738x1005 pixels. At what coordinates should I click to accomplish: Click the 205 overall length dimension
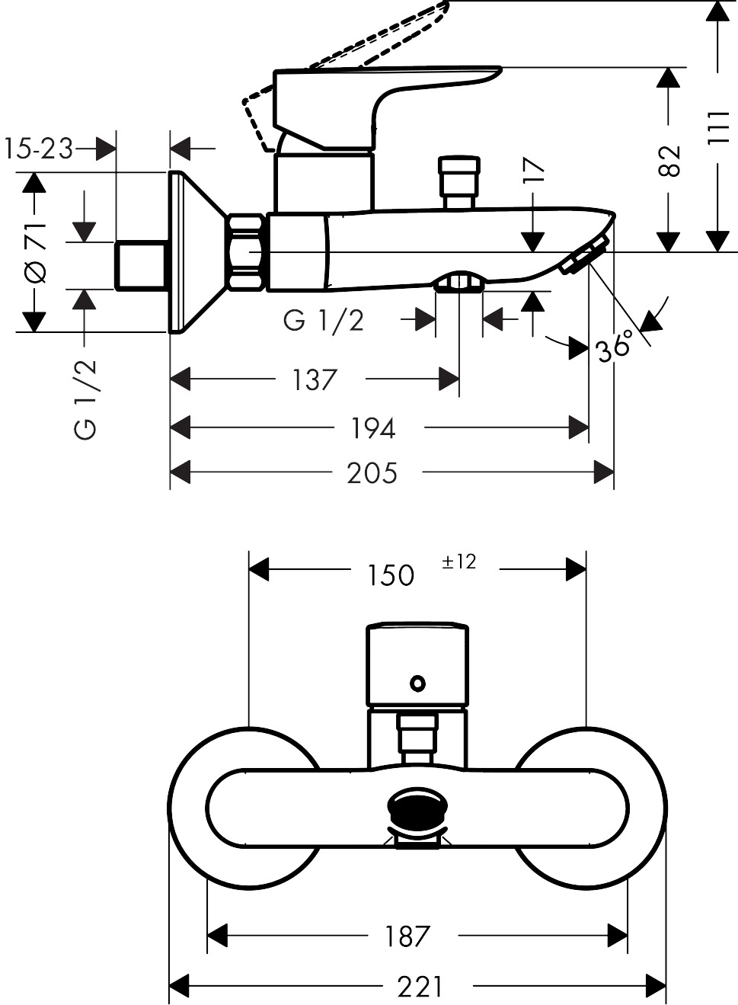(x=372, y=473)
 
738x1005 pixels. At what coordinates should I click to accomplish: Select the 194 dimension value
(x=372, y=428)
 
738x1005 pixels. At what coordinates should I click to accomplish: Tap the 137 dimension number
(x=315, y=379)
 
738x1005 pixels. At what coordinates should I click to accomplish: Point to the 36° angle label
(x=614, y=347)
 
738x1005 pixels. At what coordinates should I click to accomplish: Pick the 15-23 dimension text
(x=38, y=149)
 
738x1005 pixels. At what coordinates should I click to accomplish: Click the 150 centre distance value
(x=391, y=575)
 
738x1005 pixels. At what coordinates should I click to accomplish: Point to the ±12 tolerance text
(x=458, y=562)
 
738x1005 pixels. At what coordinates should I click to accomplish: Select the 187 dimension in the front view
(x=407, y=936)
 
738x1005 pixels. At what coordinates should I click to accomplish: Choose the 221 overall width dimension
(x=420, y=987)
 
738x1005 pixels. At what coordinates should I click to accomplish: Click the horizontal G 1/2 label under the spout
(x=324, y=321)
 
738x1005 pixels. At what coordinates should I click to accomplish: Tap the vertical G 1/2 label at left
(x=86, y=398)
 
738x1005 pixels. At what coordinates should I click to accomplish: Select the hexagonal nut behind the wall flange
(x=245, y=252)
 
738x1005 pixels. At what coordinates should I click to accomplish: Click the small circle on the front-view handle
(x=417, y=683)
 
